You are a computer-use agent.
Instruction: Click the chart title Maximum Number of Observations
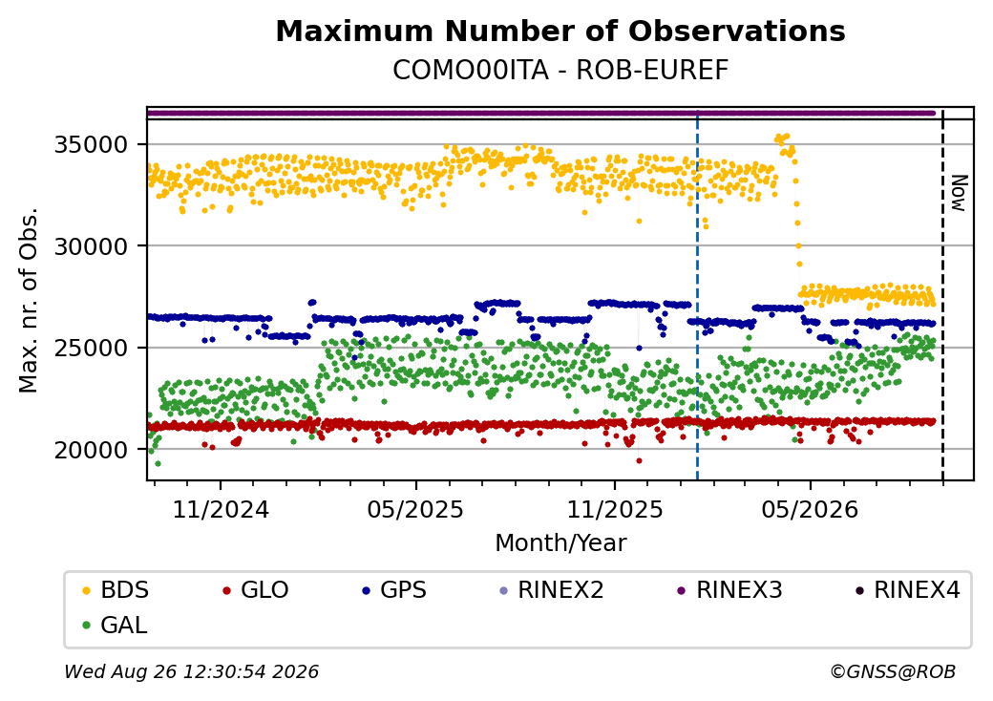(x=560, y=31)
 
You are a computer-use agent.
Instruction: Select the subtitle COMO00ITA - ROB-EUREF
(x=560, y=70)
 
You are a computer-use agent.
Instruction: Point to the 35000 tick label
(x=92, y=145)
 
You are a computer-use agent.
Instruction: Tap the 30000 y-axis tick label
(x=92, y=246)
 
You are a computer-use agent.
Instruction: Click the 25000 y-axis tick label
(x=92, y=348)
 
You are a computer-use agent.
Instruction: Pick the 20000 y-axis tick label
(x=92, y=450)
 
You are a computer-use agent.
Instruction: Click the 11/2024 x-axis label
(x=221, y=509)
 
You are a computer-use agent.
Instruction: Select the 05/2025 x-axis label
(x=415, y=509)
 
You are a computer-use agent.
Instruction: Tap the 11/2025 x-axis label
(x=614, y=509)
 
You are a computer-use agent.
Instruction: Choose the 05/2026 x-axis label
(x=810, y=509)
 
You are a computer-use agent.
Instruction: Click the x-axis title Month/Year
(x=560, y=542)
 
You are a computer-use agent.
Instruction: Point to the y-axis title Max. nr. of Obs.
(x=29, y=300)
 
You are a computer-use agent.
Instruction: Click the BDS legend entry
(x=116, y=590)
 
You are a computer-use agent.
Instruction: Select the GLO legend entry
(x=256, y=590)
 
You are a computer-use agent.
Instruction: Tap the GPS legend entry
(x=394, y=590)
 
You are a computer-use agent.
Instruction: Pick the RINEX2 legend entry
(x=552, y=590)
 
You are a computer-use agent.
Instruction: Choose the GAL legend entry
(x=116, y=625)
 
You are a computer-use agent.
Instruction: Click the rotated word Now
(x=960, y=193)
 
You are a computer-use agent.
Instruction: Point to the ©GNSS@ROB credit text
(x=893, y=671)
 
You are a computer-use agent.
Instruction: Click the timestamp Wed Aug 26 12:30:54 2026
(x=192, y=671)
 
